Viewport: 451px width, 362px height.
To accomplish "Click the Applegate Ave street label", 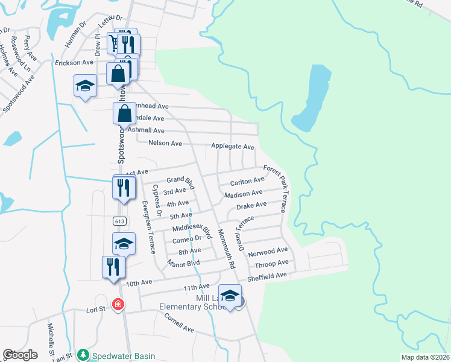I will coord(232,147).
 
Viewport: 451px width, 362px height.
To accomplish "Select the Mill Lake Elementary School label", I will coord(192,302).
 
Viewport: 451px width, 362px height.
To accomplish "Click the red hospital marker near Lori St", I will coord(118,303).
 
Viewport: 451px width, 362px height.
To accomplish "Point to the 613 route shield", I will coord(118,221).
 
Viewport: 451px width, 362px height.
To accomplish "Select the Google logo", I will coord(20,355).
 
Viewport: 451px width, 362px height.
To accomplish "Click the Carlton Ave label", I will coord(247,181).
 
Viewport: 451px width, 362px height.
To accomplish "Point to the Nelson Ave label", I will coord(165,144).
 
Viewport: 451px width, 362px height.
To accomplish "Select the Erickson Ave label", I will coord(74,62).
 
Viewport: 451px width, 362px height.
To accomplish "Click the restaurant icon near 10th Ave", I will coord(113,267).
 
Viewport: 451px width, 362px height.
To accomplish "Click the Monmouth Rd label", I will coord(225,249).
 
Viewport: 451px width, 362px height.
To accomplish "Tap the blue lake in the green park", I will coord(314,97).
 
